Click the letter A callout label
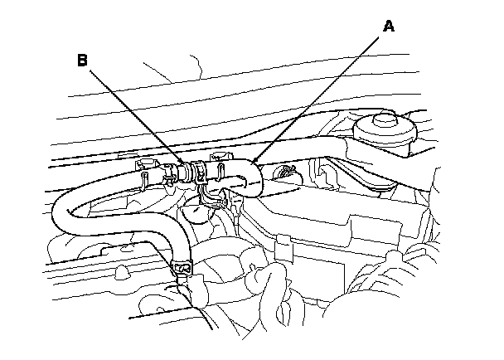pos(389,26)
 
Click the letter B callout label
pos(82,61)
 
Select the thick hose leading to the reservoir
pos(315,153)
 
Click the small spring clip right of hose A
pos(287,173)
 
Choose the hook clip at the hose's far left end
pos(145,169)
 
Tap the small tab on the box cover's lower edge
pos(281,246)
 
